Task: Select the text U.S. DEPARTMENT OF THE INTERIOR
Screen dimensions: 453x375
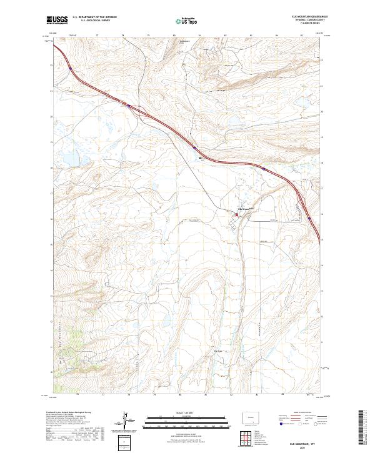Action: tap(94, 17)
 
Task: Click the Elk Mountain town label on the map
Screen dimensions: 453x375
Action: tap(242, 208)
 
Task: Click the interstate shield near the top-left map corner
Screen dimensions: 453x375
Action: tap(71, 67)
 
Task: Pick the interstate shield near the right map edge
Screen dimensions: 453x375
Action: tap(309, 218)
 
